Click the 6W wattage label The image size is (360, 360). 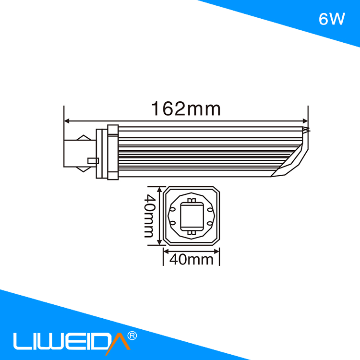click(x=332, y=19)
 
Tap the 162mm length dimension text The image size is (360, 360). click(x=186, y=109)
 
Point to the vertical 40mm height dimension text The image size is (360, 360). click(x=149, y=216)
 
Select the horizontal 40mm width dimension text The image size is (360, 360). click(x=192, y=260)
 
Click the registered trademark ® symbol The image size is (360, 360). click(x=133, y=335)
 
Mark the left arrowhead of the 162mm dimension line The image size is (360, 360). click(x=67, y=120)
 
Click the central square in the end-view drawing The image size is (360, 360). click(x=192, y=216)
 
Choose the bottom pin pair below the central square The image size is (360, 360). click(x=192, y=233)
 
